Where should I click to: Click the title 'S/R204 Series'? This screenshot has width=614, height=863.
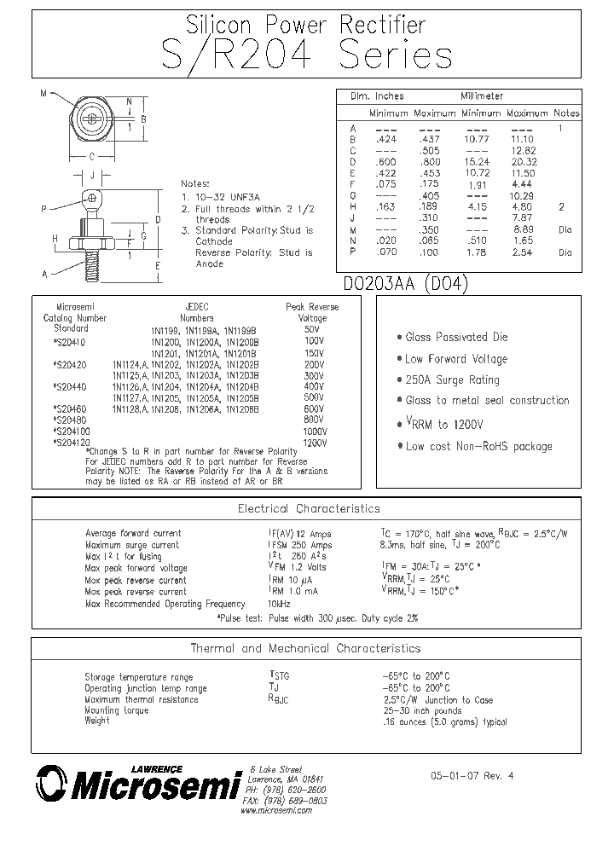306,55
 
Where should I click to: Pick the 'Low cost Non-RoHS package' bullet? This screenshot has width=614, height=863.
473,446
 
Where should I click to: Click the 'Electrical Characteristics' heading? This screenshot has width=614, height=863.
309,509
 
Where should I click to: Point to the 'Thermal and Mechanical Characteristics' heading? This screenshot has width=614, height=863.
305,648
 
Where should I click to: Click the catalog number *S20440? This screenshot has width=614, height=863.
68,386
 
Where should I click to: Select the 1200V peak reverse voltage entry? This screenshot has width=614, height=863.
315,443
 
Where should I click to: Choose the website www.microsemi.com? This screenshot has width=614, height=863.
276,810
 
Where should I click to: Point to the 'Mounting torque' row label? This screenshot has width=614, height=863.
116,710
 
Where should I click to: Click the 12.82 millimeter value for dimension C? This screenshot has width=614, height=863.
522,149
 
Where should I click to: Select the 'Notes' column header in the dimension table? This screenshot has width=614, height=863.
566,113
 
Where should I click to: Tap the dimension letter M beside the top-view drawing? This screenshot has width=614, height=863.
43,94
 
